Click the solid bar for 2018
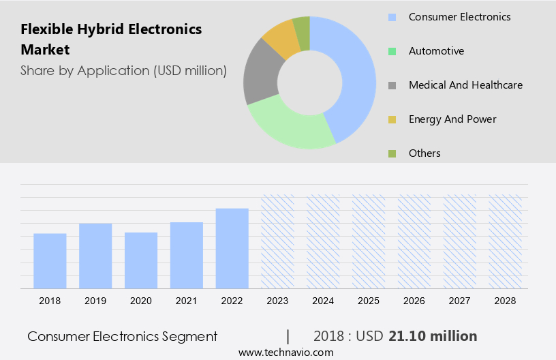pos(50,260)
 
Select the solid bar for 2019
pos(95,256)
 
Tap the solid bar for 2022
pos(232,248)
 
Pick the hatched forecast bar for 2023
pos(278,241)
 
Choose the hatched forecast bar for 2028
pos(506,241)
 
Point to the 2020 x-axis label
pos(141,301)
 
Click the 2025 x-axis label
pos(369,301)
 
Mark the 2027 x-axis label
pos(460,301)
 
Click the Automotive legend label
pos(436,51)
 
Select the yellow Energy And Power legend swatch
pos(392,119)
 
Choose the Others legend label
pos(424,153)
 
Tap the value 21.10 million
pos(433,336)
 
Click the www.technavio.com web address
pos(285,352)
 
